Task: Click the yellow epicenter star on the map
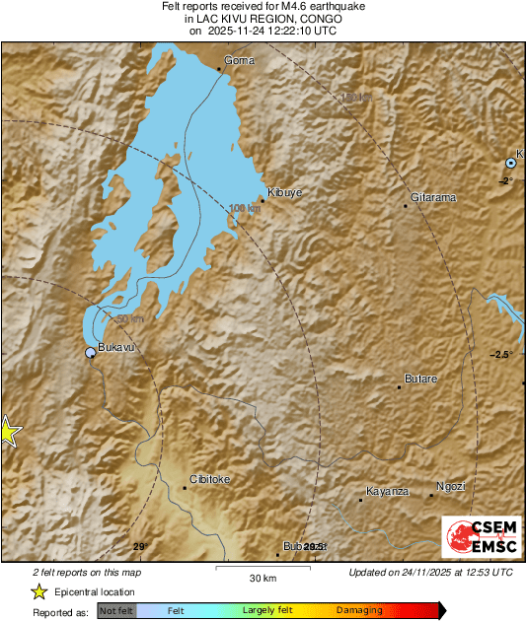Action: tap(7, 432)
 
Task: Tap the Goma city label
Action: tap(240, 60)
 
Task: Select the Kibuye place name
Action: tap(283, 192)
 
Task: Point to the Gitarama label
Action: tap(433, 198)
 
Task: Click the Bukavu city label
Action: tap(115, 347)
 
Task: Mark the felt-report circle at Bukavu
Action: tap(91, 352)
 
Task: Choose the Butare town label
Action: tap(420, 379)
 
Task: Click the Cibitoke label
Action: tap(209, 479)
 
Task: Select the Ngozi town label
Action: tap(450, 487)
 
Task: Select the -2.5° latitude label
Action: tap(503, 354)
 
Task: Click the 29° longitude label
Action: tap(139, 546)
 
